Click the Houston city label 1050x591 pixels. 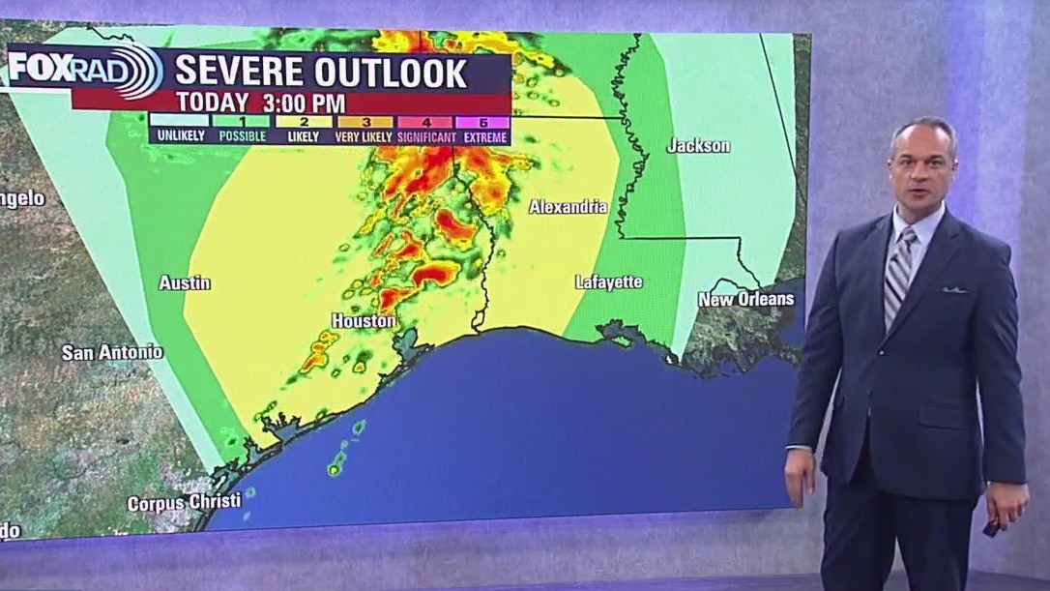point(364,320)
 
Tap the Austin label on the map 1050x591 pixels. point(184,283)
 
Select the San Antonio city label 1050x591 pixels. point(112,352)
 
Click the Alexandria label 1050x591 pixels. point(569,207)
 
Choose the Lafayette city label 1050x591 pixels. point(608,282)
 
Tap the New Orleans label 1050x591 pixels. point(745,299)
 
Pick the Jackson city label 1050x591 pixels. point(698,146)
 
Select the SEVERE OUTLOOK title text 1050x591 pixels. point(321,73)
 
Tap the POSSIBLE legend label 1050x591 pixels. point(242,136)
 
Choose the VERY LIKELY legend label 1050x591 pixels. point(364,136)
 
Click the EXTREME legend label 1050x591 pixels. point(484,136)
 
